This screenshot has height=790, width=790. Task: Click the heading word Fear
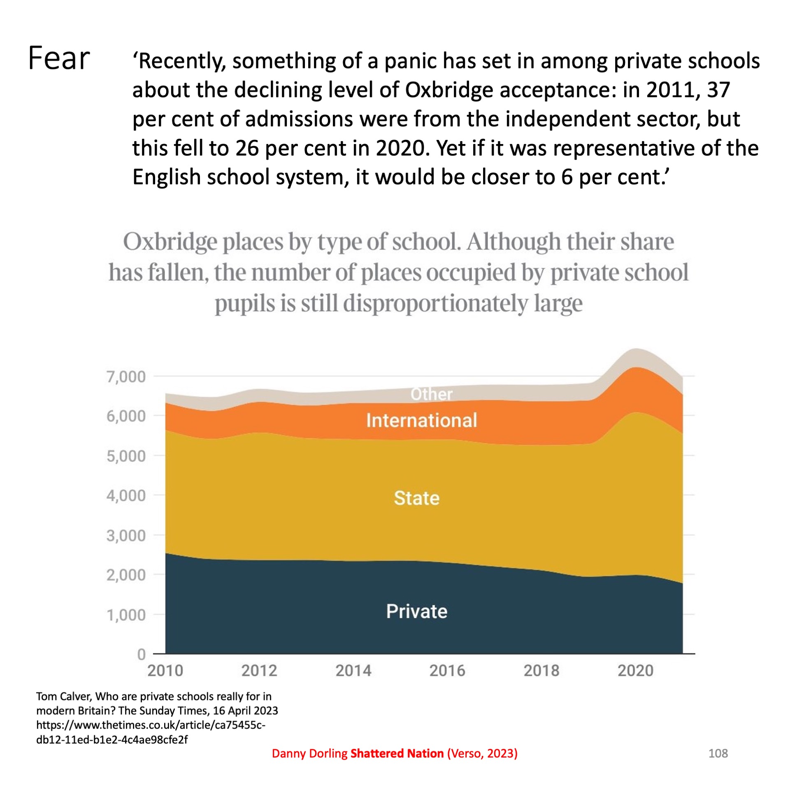click(x=59, y=58)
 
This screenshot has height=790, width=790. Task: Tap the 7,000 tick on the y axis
click(x=126, y=376)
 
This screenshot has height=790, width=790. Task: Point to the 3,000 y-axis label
click(x=126, y=536)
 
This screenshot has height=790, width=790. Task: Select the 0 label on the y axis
click(x=141, y=654)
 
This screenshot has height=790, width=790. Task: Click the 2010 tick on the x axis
click(x=165, y=671)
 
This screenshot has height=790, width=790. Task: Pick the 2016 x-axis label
click(x=447, y=671)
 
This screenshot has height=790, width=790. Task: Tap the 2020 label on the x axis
click(x=635, y=671)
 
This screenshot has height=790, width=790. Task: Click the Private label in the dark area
click(x=416, y=611)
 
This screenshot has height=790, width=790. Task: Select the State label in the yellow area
click(x=416, y=498)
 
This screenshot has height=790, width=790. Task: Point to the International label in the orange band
click(x=421, y=421)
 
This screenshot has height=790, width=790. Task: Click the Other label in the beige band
click(x=431, y=394)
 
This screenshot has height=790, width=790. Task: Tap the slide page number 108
click(x=718, y=753)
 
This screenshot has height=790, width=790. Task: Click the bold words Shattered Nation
click(x=397, y=753)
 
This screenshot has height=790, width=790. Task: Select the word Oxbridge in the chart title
click(x=170, y=242)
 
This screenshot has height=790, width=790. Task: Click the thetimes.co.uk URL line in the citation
click(x=151, y=725)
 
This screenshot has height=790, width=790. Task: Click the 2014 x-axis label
click(x=353, y=671)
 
